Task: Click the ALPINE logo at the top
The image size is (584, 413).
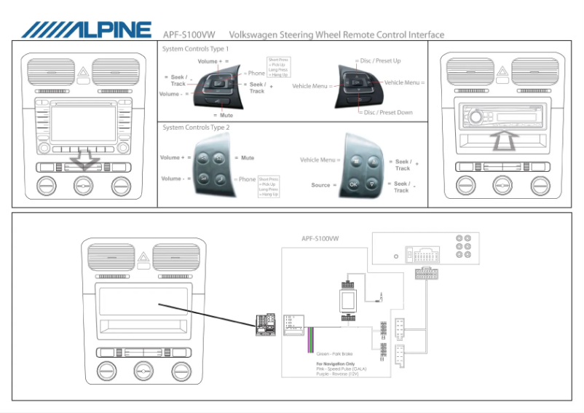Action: pyautogui.click(x=86, y=30)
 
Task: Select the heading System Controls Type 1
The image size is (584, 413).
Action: pyautogui.click(x=200, y=48)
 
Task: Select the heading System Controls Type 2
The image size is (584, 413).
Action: pyautogui.click(x=196, y=127)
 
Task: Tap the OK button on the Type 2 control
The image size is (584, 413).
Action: pyautogui.click(x=354, y=184)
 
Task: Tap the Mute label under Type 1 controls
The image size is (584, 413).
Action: pyautogui.click(x=226, y=115)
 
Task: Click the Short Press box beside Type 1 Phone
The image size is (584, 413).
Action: pyautogui.click(x=278, y=67)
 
